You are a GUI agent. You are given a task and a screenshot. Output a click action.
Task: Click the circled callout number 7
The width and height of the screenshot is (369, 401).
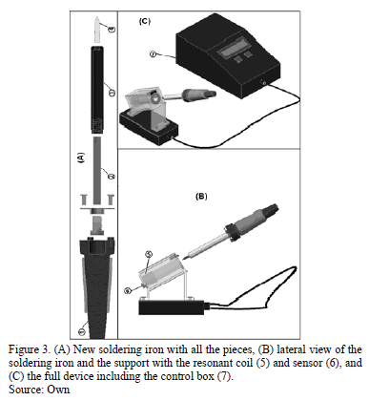[x=154, y=54]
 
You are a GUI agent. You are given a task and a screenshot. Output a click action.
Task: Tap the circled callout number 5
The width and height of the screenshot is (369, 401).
[x=149, y=254]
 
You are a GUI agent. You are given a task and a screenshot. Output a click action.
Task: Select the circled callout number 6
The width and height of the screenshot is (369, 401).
[x=127, y=290]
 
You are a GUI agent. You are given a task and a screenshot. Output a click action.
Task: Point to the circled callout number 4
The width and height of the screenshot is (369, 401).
[x=112, y=29]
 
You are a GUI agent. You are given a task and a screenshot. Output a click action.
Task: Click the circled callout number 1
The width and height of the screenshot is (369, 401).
[x=82, y=332]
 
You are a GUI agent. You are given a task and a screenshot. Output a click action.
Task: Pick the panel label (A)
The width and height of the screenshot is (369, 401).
[x=82, y=158]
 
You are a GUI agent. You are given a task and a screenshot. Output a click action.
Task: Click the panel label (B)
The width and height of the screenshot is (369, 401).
[x=201, y=197]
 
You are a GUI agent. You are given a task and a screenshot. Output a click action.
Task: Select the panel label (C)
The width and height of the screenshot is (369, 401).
[x=145, y=21]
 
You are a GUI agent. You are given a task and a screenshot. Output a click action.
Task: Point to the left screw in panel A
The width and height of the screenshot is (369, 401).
[x=84, y=200]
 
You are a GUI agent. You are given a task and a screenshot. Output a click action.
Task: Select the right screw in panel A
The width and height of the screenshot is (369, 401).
[x=111, y=200]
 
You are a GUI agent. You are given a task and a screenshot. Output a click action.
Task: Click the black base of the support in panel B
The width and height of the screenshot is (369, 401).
[x=172, y=307]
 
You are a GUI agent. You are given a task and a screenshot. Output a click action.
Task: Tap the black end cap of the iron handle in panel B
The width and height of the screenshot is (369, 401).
[x=270, y=208]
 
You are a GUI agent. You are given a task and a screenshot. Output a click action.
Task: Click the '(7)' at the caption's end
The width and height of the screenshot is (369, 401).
[x=224, y=376]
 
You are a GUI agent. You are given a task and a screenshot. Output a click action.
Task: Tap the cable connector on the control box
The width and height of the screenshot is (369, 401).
[x=263, y=83]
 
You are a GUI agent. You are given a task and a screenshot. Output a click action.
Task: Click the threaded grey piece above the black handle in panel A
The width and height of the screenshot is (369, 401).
[x=97, y=225]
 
